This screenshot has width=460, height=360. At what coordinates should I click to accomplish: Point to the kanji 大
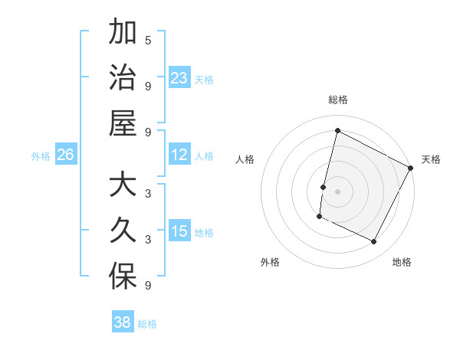click(123, 186)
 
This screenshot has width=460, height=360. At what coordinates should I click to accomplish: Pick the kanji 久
click(123, 231)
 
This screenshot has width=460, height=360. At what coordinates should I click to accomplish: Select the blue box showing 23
click(179, 77)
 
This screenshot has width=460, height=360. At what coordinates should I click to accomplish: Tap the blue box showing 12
click(179, 155)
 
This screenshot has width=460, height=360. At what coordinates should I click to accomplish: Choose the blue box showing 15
click(179, 231)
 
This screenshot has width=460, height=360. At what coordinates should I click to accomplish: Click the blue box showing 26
click(65, 155)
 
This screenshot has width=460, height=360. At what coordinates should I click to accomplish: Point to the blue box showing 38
click(123, 322)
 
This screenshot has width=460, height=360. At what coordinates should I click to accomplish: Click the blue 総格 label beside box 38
click(148, 324)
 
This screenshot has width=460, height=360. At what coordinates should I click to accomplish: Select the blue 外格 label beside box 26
click(41, 156)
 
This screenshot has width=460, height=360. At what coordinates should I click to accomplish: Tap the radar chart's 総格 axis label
click(338, 100)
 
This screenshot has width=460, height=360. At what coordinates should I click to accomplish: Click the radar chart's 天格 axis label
click(431, 159)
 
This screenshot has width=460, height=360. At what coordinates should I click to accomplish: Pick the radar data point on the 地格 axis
click(374, 242)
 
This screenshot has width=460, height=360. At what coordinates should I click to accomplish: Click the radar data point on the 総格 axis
click(337, 130)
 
